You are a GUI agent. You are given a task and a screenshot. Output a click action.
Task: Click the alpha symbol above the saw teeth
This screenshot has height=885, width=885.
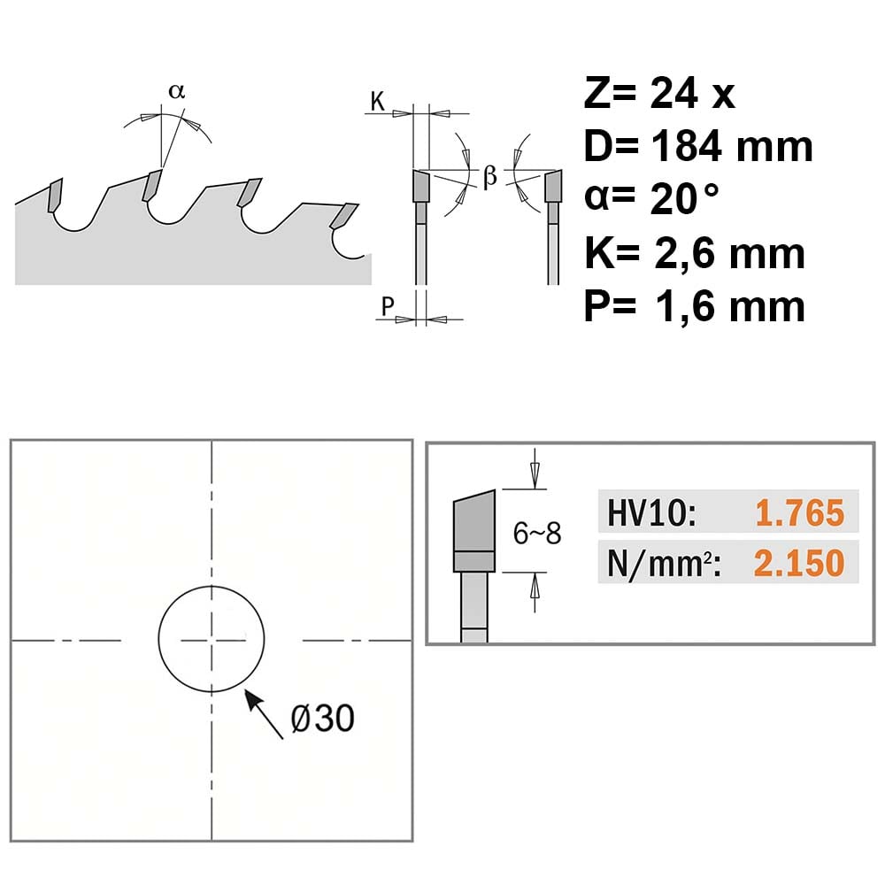pyautogui.click(x=177, y=91)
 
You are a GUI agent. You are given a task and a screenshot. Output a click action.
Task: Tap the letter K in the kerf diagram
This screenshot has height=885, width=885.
pyautogui.click(x=378, y=102)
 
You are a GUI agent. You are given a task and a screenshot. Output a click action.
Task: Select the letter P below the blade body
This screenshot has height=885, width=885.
pyautogui.click(x=388, y=306)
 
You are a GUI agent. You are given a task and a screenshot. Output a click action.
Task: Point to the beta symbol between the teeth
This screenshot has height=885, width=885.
pyautogui.click(x=490, y=176)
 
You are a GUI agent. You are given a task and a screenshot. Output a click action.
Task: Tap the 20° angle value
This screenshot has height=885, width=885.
pyautogui.click(x=685, y=199)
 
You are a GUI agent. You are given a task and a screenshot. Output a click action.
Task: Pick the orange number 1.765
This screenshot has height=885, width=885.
pyautogui.click(x=800, y=513)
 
